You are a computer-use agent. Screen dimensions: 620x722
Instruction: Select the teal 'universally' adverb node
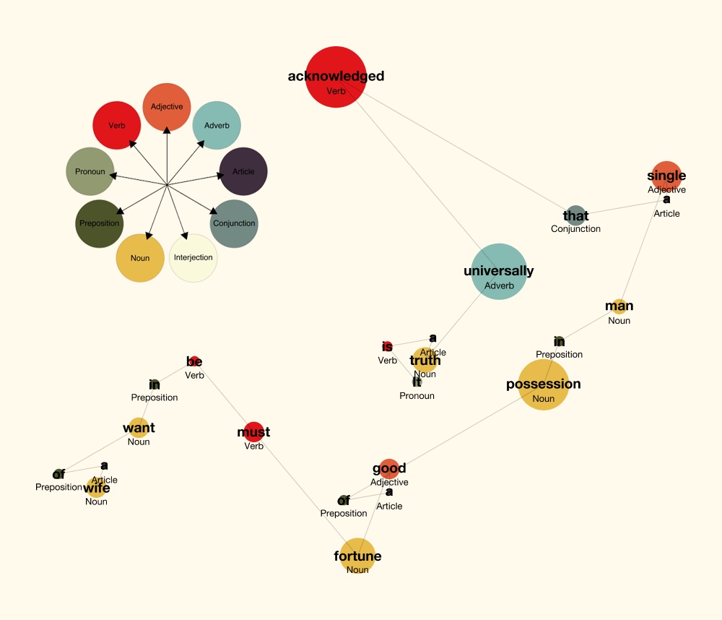click(x=499, y=271)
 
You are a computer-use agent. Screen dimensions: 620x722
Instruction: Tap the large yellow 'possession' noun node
click(x=544, y=384)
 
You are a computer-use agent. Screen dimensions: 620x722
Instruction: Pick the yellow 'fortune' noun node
click(x=357, y=556)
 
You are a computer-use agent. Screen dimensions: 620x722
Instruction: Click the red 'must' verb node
click(x=253, y=432)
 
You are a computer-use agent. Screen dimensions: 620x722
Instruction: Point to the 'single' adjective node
click(x=666, y=176)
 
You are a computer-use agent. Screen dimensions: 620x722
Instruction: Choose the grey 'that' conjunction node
click(x=575, y=215)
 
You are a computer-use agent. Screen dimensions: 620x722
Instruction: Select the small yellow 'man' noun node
click(x=619, y=306)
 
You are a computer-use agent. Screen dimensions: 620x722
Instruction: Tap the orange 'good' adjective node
click(x=389, y=468)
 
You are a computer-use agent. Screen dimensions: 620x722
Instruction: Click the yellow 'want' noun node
click(x=139, y=428)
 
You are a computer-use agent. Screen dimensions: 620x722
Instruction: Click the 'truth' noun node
click(x=425, y=360)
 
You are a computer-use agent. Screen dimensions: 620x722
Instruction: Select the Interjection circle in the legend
click(x=193, y=258)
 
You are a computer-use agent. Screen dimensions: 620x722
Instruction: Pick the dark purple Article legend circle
click(x=243, y=172)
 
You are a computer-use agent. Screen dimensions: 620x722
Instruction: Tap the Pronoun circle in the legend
click(x=90, y=172)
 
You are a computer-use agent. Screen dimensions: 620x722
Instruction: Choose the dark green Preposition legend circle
click(x=100, y=223)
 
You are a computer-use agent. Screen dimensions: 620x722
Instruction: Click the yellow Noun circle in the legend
click(x=140, y=258)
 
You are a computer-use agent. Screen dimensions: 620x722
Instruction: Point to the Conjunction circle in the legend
click(x=234, y=223)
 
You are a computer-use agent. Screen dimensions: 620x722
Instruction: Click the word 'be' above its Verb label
click(x=194, y=361)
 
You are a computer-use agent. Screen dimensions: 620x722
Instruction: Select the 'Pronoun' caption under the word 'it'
click(x=417, y=396)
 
